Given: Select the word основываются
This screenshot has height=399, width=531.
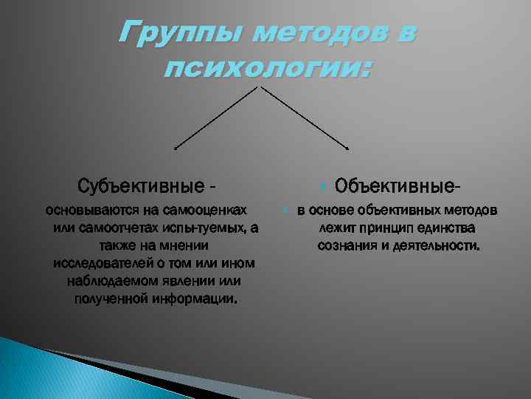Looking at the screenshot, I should [88, 211].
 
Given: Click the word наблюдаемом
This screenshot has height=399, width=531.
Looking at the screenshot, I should [108, 282].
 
